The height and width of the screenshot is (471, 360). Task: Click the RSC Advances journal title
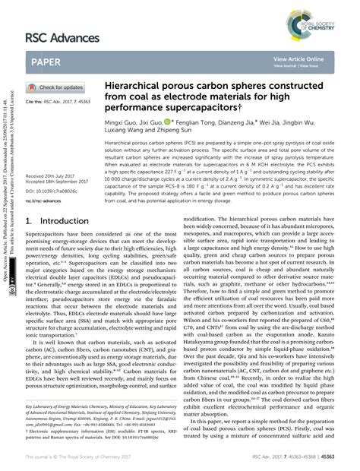66,37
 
